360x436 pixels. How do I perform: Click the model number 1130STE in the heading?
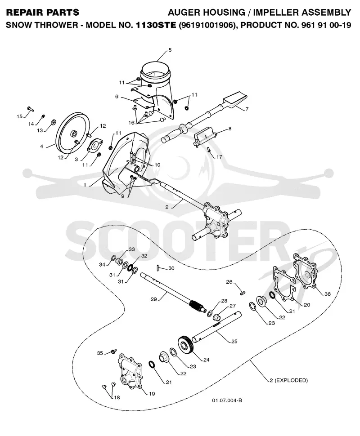tap(156, 25)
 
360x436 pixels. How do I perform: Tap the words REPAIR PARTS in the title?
tap(43, 13)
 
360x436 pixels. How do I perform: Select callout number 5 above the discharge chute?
tap(170, 50)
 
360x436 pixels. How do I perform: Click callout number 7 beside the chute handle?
tap(247, 109)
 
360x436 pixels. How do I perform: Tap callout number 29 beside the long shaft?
tap(154, 299)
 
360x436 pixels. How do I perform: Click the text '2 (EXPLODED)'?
tap(288, 380)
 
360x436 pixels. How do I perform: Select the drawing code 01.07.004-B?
tap(227, 400)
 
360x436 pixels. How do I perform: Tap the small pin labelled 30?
tap(158, 268)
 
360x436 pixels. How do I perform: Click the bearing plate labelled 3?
tap(94, 146)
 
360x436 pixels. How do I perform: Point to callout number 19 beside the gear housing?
tap(152, 393)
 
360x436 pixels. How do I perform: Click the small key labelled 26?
tap(242, 293)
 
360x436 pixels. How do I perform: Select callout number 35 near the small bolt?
tap(100, 353)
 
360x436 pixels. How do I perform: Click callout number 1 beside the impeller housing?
tap(85, 185)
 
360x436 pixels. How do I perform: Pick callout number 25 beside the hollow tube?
tap(234, 341)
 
